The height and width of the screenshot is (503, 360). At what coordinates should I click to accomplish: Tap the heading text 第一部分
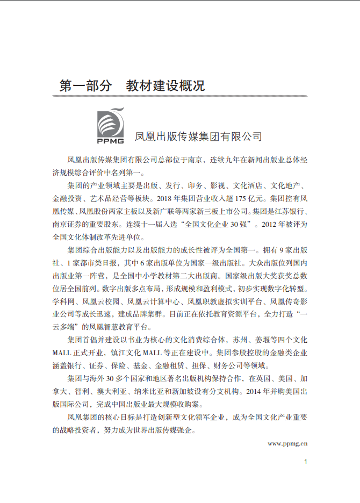(x=86, y=85)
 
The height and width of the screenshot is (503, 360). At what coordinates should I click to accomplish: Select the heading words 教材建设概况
(x=165, y=85)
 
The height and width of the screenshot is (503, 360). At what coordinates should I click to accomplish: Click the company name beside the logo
(x=198, y=136)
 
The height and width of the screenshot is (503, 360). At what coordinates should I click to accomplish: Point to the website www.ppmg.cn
(x=287, y=443)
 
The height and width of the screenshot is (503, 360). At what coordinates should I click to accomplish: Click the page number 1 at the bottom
(x=305, y=462)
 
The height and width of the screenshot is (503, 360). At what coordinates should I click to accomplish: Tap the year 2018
(x=168, y=198)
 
